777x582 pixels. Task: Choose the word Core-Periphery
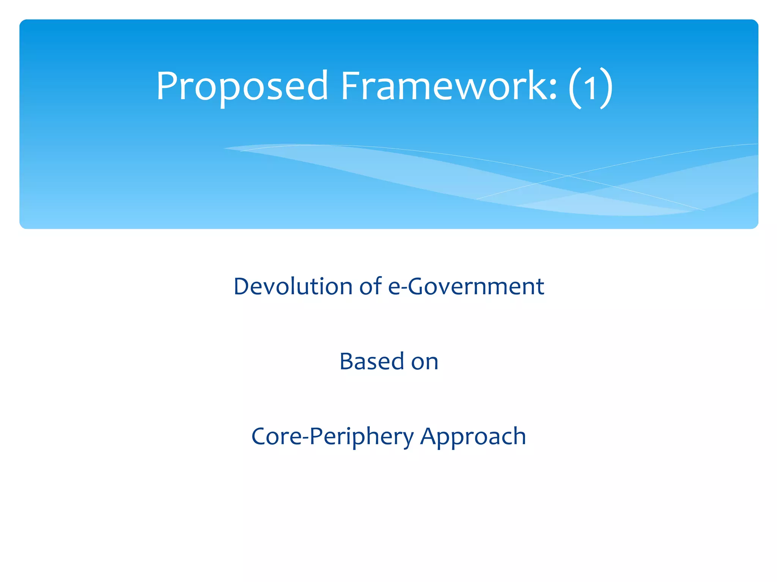point(332,436)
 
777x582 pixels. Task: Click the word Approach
point(473,436)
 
